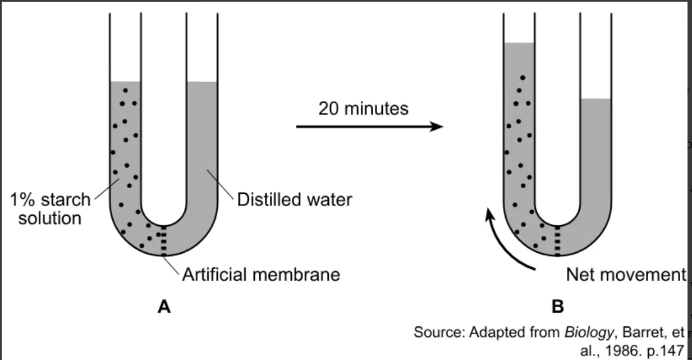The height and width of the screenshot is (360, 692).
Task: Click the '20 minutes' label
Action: pyautogui.click(x=363, y=108)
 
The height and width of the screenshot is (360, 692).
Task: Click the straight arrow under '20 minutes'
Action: pyautogui.click(x=370, y=126)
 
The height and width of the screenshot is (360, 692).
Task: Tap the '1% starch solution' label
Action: pyautogui.click(x=50, y=208)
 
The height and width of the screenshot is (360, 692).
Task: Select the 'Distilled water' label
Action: pyautogui.click(x=295, y=199)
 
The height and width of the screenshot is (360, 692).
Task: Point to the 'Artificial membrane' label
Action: pyautogui.click(x=261, y=275)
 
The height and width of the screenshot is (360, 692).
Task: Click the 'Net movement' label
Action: pyautogui.click(x=626, y=275)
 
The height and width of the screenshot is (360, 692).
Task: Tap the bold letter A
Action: pyautogui.click(x=164, y=307)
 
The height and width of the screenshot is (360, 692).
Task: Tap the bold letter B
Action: pyautogui.click(x=558, y=307)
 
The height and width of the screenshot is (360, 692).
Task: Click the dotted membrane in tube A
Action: pyautogui.click(x=164, y=241)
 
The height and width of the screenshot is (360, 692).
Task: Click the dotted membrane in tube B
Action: pyautogui.click(x=557, y=241)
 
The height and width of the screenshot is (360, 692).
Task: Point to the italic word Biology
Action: pyautogui.click(x=589, y=332)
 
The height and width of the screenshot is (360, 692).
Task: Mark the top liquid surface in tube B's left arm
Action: pyautogui.click(x=519, y=43)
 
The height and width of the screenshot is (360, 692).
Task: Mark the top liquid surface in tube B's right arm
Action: pyautogui.click(x=595, y=99)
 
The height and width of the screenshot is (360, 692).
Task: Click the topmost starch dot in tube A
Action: pyautogui.click(x=125, y=90)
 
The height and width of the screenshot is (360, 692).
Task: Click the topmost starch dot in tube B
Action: pyautogui.click(x=523, y=78)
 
